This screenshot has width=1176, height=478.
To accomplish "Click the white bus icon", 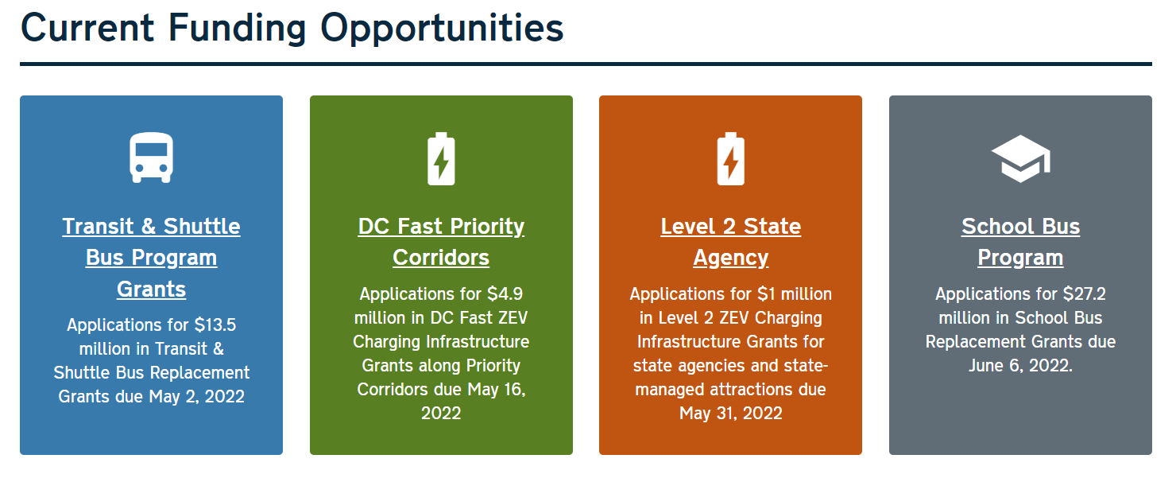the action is [x=151, y=157].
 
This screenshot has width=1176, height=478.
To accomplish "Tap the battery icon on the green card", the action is [x=441, y=158].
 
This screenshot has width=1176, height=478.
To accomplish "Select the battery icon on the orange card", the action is [x=731, y=158].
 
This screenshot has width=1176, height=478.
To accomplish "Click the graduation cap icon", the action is [x=1020, y=158].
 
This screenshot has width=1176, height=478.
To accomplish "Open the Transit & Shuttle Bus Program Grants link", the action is [x=151, y=258].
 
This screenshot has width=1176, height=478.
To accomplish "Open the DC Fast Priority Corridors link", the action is [x=441, y=242].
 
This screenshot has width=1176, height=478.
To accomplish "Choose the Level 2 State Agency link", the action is [x=731, y=242].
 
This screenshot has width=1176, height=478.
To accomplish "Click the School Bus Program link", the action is [x=1020, y=242].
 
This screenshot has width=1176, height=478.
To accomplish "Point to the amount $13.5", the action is [x=215, y=325].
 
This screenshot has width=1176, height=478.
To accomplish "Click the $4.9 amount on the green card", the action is [x=505, y=293].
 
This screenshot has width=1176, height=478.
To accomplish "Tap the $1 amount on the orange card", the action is [x=767, y=293].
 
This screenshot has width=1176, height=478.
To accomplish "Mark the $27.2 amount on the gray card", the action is [x=1085, y=293].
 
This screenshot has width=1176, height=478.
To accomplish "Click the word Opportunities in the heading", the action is [x=442, y=29].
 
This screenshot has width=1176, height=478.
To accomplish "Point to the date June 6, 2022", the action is [x=1020, y=366].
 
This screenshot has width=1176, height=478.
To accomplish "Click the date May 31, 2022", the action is [x=731, y=414].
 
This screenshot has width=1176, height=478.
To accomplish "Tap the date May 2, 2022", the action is [x=196, y=397].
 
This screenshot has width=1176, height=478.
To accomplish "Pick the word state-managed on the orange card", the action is [x=731, y=377].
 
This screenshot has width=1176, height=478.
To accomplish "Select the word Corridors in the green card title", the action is [x=441, y=258].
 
